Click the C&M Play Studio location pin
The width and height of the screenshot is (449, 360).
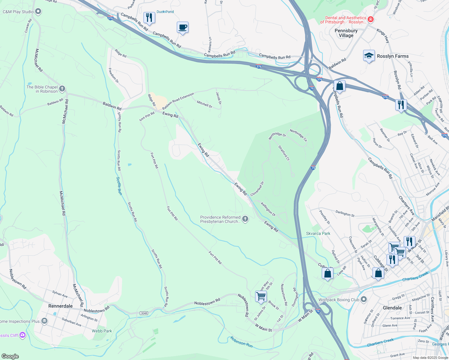tap(38, 12)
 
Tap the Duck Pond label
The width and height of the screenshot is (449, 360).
tap(165, 12)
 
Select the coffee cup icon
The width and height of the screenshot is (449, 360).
tap(182, 28)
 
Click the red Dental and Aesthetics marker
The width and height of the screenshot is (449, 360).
tap(371, 19)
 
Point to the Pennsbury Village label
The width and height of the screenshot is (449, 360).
tap(346, 33)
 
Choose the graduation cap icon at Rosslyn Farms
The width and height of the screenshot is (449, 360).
tap(369, 56)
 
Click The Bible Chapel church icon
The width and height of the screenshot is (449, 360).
tap(62, 89)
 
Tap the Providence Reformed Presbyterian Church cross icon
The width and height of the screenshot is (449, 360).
tap(245, 219)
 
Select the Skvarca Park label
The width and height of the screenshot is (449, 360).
tap(318, 233)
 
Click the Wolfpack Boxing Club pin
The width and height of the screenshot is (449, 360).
tap(364, 299)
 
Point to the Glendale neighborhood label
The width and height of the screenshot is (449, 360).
tap(392, 308)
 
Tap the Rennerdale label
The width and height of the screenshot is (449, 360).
tap(61, 306)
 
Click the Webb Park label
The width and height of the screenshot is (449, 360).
tap(102, 331)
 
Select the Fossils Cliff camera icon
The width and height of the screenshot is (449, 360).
tap(23, 335)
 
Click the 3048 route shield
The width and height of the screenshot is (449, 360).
tap(144, 313)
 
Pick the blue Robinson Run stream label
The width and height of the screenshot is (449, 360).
tap(241, 342)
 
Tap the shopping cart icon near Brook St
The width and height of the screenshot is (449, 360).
tap(261, 296)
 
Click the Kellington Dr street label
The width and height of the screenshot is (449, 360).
tap(268, 209)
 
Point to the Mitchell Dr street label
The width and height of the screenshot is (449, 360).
tap(204, 104)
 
